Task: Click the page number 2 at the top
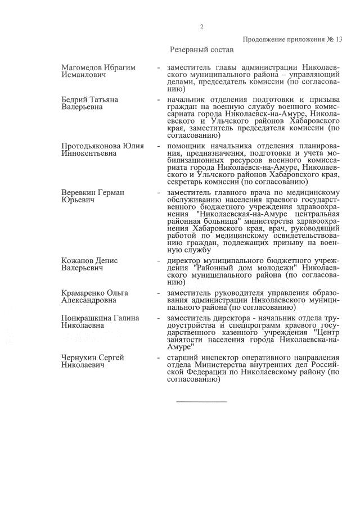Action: (x=201, y=27)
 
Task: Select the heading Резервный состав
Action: (x=201, y=50)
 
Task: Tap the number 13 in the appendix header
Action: (x=339, y=39)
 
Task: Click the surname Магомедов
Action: (x=83, y=67)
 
